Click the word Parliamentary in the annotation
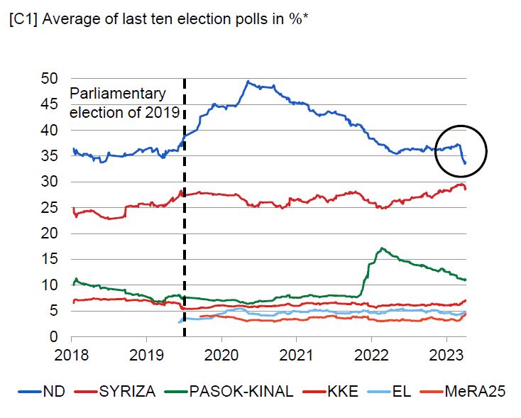[x=116, y=94]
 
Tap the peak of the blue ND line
[x=247, y=81]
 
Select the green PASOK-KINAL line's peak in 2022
[x=383, y=248]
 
